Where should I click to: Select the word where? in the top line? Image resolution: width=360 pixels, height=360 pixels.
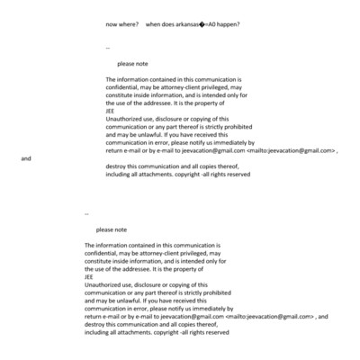(x=127, y=23)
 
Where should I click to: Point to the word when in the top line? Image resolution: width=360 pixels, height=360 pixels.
(x=154, y=23)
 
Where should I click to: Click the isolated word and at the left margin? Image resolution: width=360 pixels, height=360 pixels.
(x=26, y=158)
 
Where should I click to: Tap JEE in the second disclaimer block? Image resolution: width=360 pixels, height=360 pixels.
(x=89, y=277)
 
